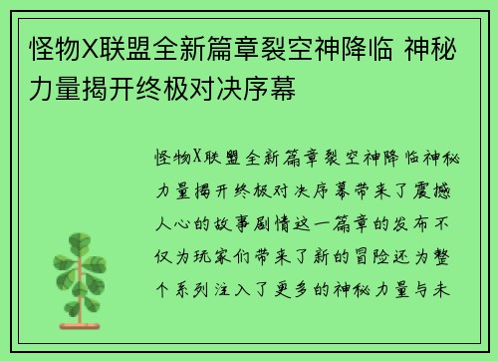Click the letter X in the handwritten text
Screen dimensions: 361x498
[x=198, y=158]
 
